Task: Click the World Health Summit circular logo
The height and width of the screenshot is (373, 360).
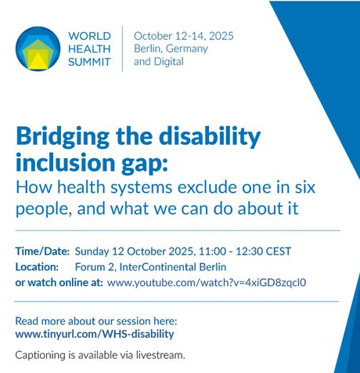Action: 38,49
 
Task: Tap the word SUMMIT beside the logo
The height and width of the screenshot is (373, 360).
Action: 90,62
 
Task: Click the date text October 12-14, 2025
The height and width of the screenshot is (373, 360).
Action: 183,36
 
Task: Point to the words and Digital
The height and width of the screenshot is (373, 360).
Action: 159,61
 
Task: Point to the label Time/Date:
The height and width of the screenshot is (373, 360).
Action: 42,252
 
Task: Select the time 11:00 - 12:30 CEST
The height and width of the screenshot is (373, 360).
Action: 244,252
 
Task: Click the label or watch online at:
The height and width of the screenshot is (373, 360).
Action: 59,282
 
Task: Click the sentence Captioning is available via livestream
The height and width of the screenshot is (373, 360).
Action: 99,354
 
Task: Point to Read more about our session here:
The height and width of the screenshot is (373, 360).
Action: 95,320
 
